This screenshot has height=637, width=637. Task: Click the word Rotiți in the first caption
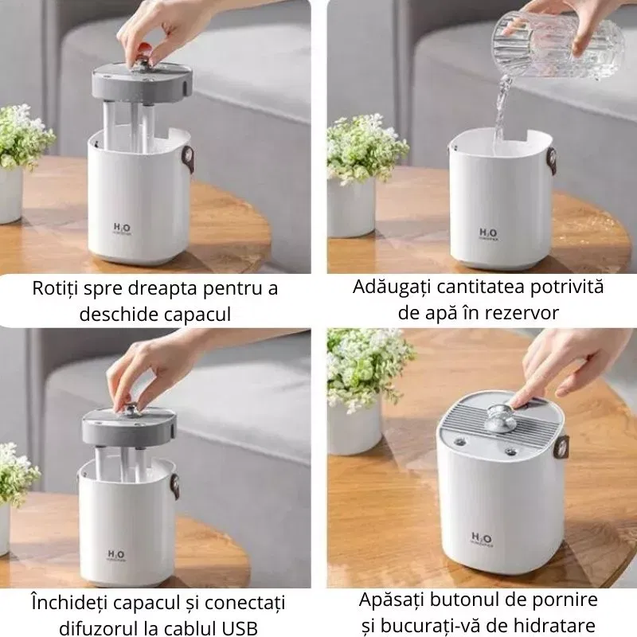pyautogui.click(x=56, y=288)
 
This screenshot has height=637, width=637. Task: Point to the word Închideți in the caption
pyautogui.click(x=69, y=603)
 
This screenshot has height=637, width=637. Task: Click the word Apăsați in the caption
pyautogui.click(x=391, y=600)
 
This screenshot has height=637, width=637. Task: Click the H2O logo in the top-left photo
pyautogui.click(x=122, y=229)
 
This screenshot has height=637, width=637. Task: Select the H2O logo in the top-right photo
pyautogui.click(x=487, y=234)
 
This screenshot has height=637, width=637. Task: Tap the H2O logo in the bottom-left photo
pyautogui.click(x=116, y=555)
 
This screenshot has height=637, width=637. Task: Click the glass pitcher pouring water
pyautogui.click(x=557, y=45)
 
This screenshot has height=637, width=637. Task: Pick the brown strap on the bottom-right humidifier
pyautogui.click(x=562, y=449)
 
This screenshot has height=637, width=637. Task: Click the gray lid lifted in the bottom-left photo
pyautogui.click(x=129, y=428)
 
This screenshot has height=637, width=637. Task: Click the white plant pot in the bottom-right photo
pyautogui.click(x=355, y=427)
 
